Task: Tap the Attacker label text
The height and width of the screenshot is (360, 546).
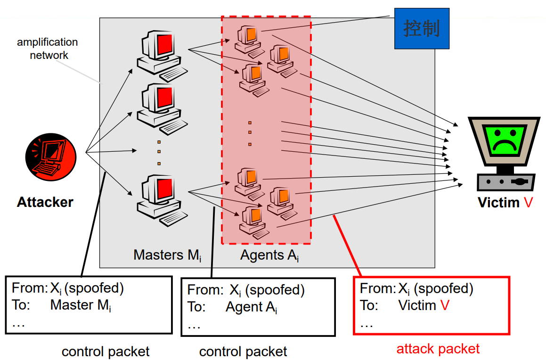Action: (45, 203)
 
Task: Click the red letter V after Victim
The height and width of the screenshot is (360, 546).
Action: (528, 203)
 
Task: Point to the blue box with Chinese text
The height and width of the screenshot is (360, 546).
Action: (422, 29)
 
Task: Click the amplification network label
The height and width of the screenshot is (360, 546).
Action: (48, 49)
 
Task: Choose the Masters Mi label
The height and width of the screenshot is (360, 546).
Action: (167, 255)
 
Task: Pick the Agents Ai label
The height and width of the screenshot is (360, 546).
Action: (269, 255)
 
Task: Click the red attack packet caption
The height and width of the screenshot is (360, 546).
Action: (438, 349)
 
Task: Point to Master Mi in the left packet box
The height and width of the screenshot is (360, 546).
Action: (81, 305)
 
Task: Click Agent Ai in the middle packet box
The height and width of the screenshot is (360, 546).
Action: (251, 307)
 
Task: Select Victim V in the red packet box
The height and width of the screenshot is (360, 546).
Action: (424, 305)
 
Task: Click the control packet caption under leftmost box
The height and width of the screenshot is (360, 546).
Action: (106, 352)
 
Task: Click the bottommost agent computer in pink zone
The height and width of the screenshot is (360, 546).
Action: (253, 221)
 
